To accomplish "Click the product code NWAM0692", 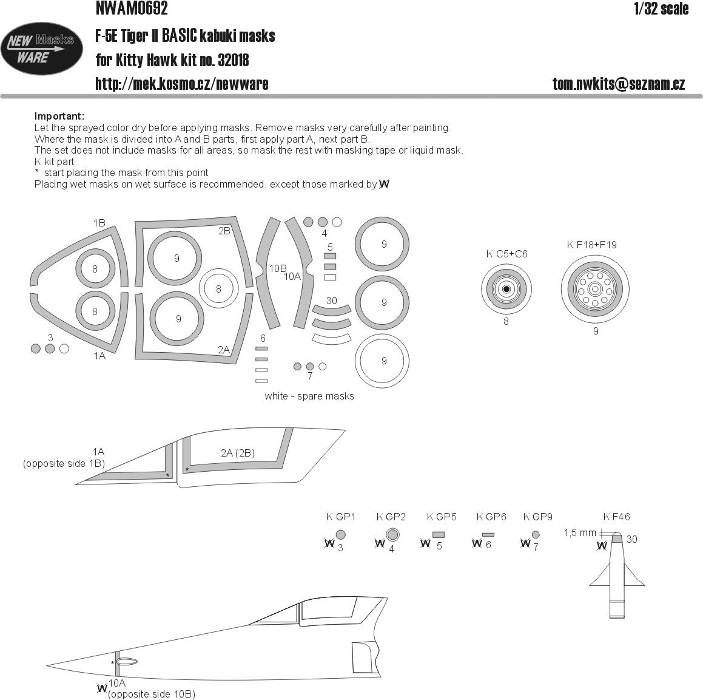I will pos(131,8).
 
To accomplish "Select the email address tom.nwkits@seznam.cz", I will pos(618,84).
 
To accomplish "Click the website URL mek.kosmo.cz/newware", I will pos(182,84).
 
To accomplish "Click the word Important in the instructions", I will pos(59,117).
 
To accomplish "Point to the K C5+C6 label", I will pos(506,254).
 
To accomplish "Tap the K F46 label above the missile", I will pos(616,517).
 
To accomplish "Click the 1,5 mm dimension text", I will pos(580,532).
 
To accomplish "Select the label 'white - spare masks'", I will pos(309,396).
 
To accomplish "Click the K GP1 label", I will pos(340,517).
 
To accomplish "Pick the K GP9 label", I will pos(537,517).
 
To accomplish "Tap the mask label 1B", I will pos(99,223).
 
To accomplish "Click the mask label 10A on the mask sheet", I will pos(292,276).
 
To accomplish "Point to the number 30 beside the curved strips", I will pos(331,301).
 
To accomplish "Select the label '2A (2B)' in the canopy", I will pos(237,453).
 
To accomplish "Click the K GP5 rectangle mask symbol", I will pos(439,535).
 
